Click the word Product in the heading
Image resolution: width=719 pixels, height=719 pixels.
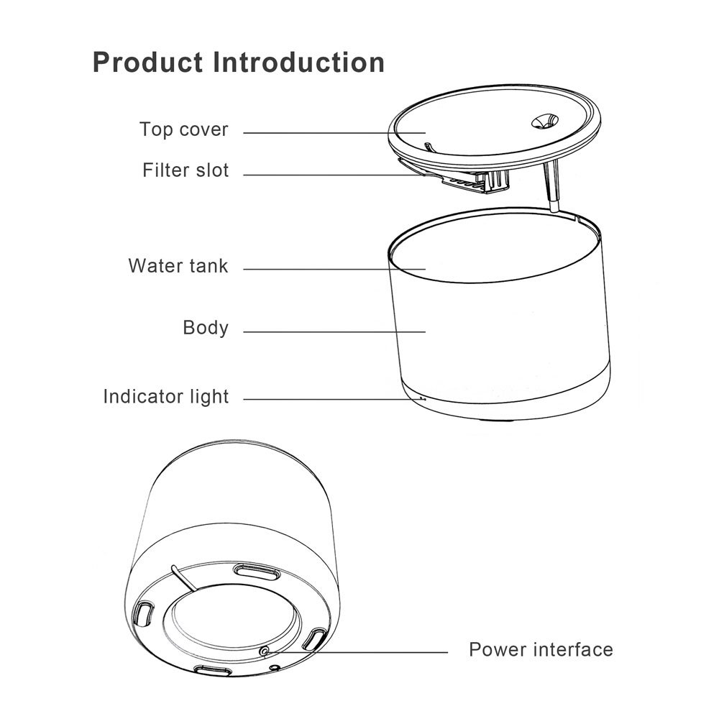coord(147,63)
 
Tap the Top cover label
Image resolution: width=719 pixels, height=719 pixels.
coord(183,129)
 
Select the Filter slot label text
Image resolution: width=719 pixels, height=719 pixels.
coord(186,170)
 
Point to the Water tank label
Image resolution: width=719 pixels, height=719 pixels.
coord(178,265)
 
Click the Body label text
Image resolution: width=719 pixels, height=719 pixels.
coord(206,328)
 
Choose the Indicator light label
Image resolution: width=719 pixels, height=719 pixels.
coord(165,396)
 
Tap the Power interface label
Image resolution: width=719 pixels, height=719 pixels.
coord(541,650)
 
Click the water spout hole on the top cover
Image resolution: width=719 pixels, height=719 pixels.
coord(543,122)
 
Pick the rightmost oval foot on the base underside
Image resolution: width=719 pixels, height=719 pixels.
coord(316,638)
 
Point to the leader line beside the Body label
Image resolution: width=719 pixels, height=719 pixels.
coord(331,331)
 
